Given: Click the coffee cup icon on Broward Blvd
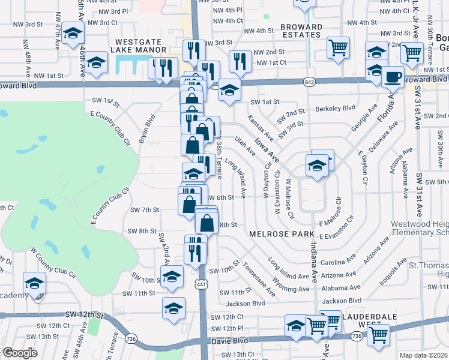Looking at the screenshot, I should coord(394,77).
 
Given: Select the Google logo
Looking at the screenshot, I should coord(19,353).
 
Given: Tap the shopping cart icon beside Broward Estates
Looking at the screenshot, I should coord(339,47).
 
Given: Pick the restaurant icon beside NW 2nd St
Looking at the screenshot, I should coord(240,60).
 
